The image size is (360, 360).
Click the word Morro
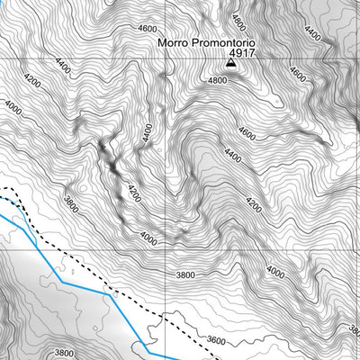pyautogui.click(x=173, y=42)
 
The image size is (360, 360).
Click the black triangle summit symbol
pyautogui.click(x=231, y=65)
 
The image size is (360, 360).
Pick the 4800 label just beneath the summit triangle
pyautogui.click(x=218, y=80)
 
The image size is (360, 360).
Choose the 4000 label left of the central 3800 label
pyautogui.click(x=147, y=238)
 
